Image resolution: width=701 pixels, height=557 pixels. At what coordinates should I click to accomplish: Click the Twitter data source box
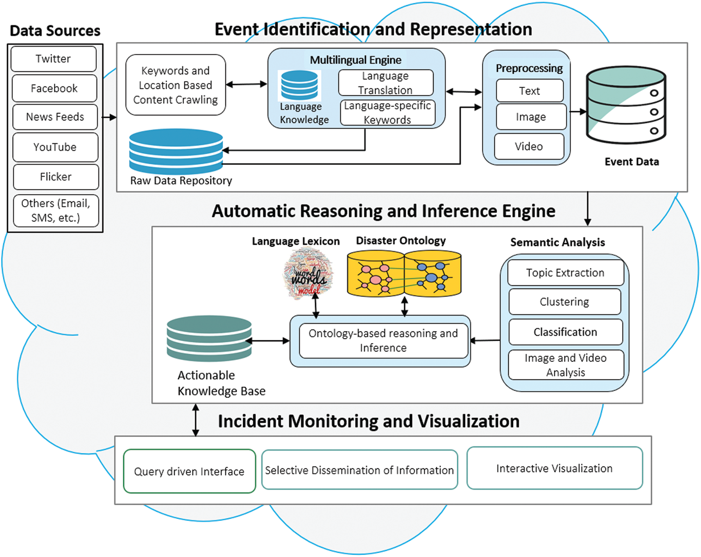pos(54,59)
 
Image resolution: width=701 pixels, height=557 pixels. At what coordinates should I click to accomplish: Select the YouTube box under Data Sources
pos(55,147)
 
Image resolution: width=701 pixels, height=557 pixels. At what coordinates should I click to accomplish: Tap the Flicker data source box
pos(56,177)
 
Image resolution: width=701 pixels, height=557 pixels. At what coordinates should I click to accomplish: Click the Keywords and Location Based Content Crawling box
pos(175,85)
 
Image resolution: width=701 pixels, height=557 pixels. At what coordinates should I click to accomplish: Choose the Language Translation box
pos(386,83)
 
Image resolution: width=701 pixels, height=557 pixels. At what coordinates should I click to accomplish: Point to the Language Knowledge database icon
pos(299,85)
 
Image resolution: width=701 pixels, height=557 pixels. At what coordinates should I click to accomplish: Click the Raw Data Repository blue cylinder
pos(176,151)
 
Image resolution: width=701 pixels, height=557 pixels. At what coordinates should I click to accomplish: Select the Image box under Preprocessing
pos(531,117)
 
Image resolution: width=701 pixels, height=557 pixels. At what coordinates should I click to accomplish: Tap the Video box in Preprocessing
pos(529,147)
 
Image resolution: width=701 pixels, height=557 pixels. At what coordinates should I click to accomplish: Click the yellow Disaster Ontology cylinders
pos(404,274)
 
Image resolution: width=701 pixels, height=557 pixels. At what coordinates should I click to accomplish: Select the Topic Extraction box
pos(565,273)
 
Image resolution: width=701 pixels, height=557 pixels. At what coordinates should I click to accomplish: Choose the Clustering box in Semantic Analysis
pos(564,302)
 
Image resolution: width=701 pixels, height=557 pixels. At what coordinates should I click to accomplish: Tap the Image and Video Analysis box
pos(566,365)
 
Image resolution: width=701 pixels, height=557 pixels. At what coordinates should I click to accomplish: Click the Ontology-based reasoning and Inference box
pos(383,341)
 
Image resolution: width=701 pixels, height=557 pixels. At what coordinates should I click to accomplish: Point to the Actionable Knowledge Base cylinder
pos(209,339)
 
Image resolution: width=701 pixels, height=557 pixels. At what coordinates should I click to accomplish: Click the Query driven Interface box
pos(189,471)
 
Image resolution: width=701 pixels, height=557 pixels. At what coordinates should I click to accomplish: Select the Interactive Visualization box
pos(554,468)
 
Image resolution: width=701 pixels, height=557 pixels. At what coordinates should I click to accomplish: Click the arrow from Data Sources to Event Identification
pos(109,117)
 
